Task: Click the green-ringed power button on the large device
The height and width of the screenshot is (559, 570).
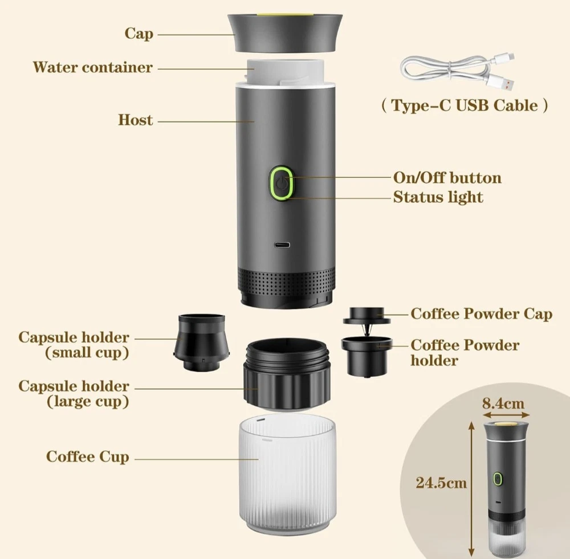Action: pos(281,183)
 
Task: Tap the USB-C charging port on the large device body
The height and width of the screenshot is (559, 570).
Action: pos(282,244)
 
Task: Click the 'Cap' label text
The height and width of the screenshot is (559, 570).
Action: pos(139,34)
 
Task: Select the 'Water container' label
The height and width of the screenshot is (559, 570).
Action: pos(93,67)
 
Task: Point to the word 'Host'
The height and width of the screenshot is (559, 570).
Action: pos(136,120)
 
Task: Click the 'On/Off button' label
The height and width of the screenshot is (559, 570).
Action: pos(447,178)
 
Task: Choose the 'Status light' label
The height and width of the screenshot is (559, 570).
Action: pos(438,197)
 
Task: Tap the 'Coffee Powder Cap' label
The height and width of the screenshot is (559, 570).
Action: pos(482,313)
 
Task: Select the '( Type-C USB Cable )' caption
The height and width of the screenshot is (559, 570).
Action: pos(465,105)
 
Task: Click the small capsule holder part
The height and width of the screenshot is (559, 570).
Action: pos(202,342)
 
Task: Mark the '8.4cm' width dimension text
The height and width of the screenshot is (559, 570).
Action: pos(504,404)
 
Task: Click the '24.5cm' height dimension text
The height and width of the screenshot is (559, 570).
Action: pos(442,483)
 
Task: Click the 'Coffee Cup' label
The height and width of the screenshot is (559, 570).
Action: pos(88,457)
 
